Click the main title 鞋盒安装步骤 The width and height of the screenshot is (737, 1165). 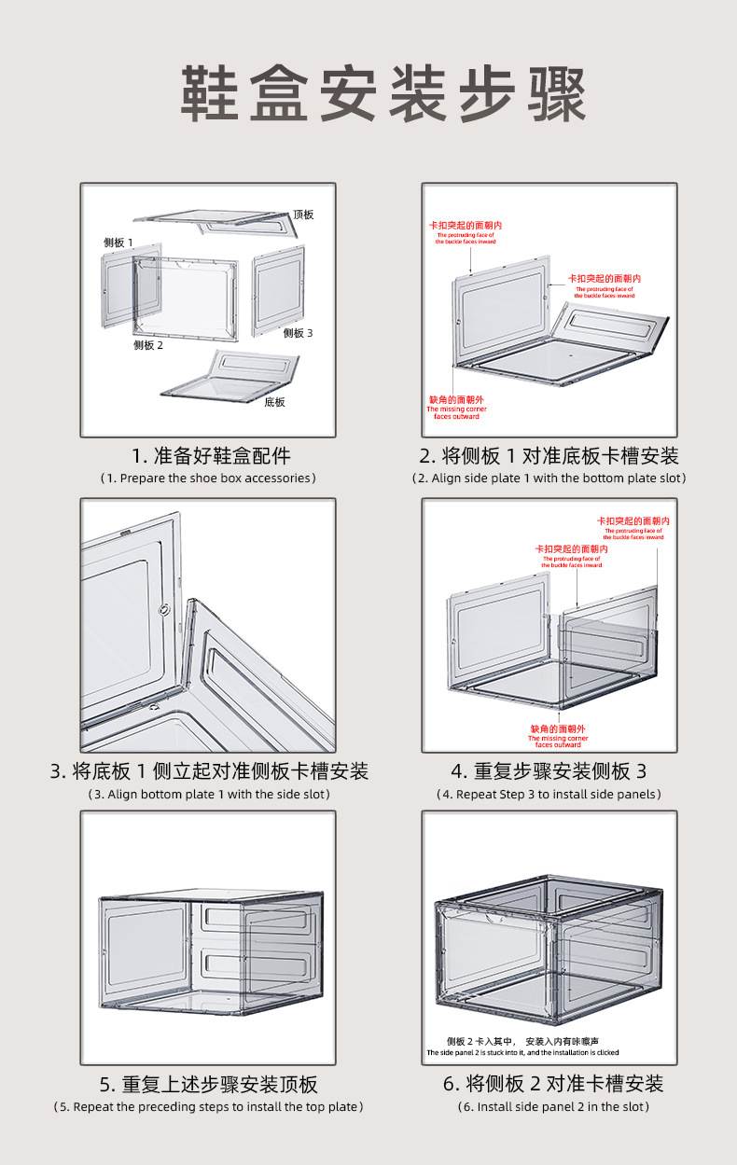pos(382,94)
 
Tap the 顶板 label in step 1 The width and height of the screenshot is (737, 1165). pos(303,215)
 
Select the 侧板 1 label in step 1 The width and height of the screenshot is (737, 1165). pos(118,243)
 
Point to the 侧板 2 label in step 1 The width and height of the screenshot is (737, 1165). pos(147,345)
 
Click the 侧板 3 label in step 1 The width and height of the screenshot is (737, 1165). pos(298,333)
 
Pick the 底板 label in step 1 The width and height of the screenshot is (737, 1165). pos(274,402)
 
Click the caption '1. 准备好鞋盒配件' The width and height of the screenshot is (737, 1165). pos(211,456)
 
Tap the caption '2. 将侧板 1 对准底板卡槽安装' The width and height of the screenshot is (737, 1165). pos(549,456)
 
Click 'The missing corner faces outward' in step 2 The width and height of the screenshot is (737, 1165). pos(456,412)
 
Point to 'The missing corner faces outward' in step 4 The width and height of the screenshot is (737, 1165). pos(559,741)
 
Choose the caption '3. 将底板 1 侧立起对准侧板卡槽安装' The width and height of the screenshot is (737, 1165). pos(209,771)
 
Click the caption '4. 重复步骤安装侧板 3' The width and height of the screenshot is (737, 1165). pos(549,771)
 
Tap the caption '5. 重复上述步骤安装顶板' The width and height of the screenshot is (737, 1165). pos(209,1085)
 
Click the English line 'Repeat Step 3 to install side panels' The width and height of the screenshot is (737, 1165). pos(549,795)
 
